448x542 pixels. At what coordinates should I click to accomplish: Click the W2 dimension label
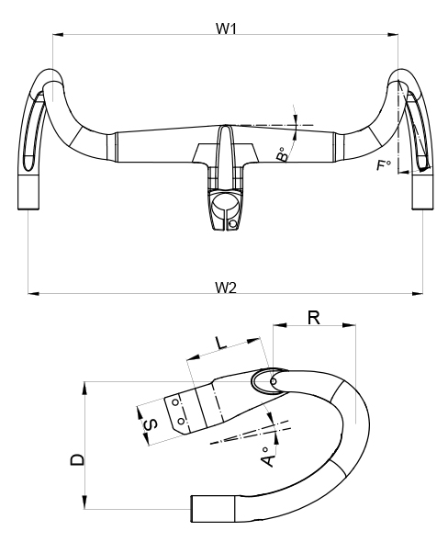tap(226, 287)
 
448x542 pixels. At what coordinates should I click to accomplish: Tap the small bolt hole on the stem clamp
tap(233, 222)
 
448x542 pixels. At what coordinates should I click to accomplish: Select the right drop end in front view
tap(422, 192)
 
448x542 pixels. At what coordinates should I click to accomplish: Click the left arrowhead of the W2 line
tap(32, 294)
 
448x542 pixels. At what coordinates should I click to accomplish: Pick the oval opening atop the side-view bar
tap(264, 380)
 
